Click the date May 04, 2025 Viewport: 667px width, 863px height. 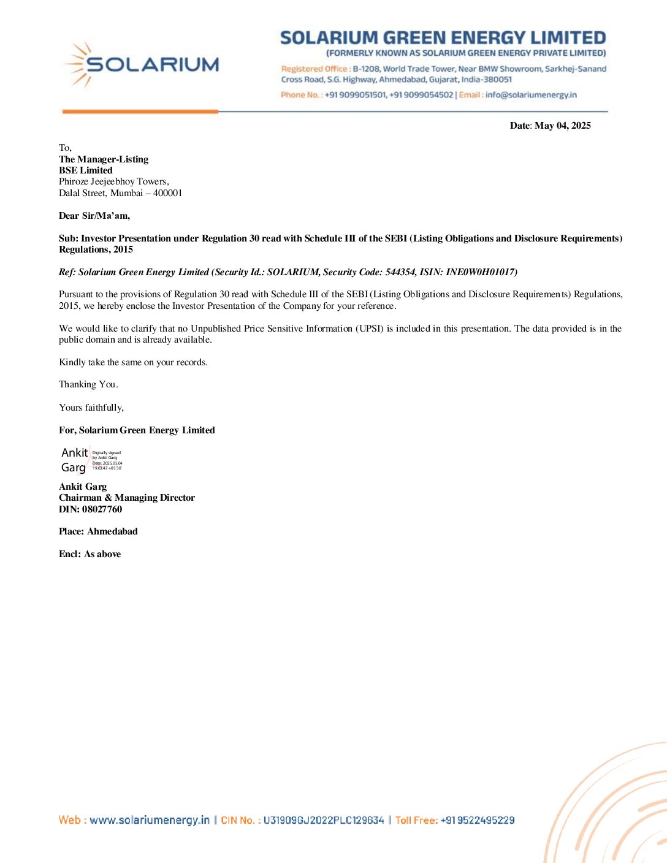tap(562, 126)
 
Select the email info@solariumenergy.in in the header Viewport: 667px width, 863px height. tap(531, 95)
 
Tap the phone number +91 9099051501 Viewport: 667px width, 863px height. tap(356, 95)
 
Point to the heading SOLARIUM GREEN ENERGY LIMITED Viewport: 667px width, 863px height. tap(443, 38)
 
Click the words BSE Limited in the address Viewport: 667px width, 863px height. tap(86, 170)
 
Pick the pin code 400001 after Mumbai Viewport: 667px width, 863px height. tap(167, 193)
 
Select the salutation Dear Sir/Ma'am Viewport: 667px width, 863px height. tap(94, 216)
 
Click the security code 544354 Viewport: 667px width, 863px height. tap(400, 272)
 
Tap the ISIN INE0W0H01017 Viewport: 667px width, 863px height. tap(481, 272)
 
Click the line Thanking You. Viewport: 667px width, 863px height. tap(88, 384)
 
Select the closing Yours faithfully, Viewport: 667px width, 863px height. tap(91, 408)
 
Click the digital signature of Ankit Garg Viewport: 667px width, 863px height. tap(91, 460)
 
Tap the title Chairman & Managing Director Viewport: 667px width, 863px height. tap(127, 498)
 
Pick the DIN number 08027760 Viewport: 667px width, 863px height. tap(102, 509)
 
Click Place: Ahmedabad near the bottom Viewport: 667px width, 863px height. tap(98, 531)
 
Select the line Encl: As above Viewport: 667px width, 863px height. tap(90, 554)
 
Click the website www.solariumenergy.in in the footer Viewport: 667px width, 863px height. tap(150, 820)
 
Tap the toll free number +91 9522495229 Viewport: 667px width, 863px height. tap(478, 820)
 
